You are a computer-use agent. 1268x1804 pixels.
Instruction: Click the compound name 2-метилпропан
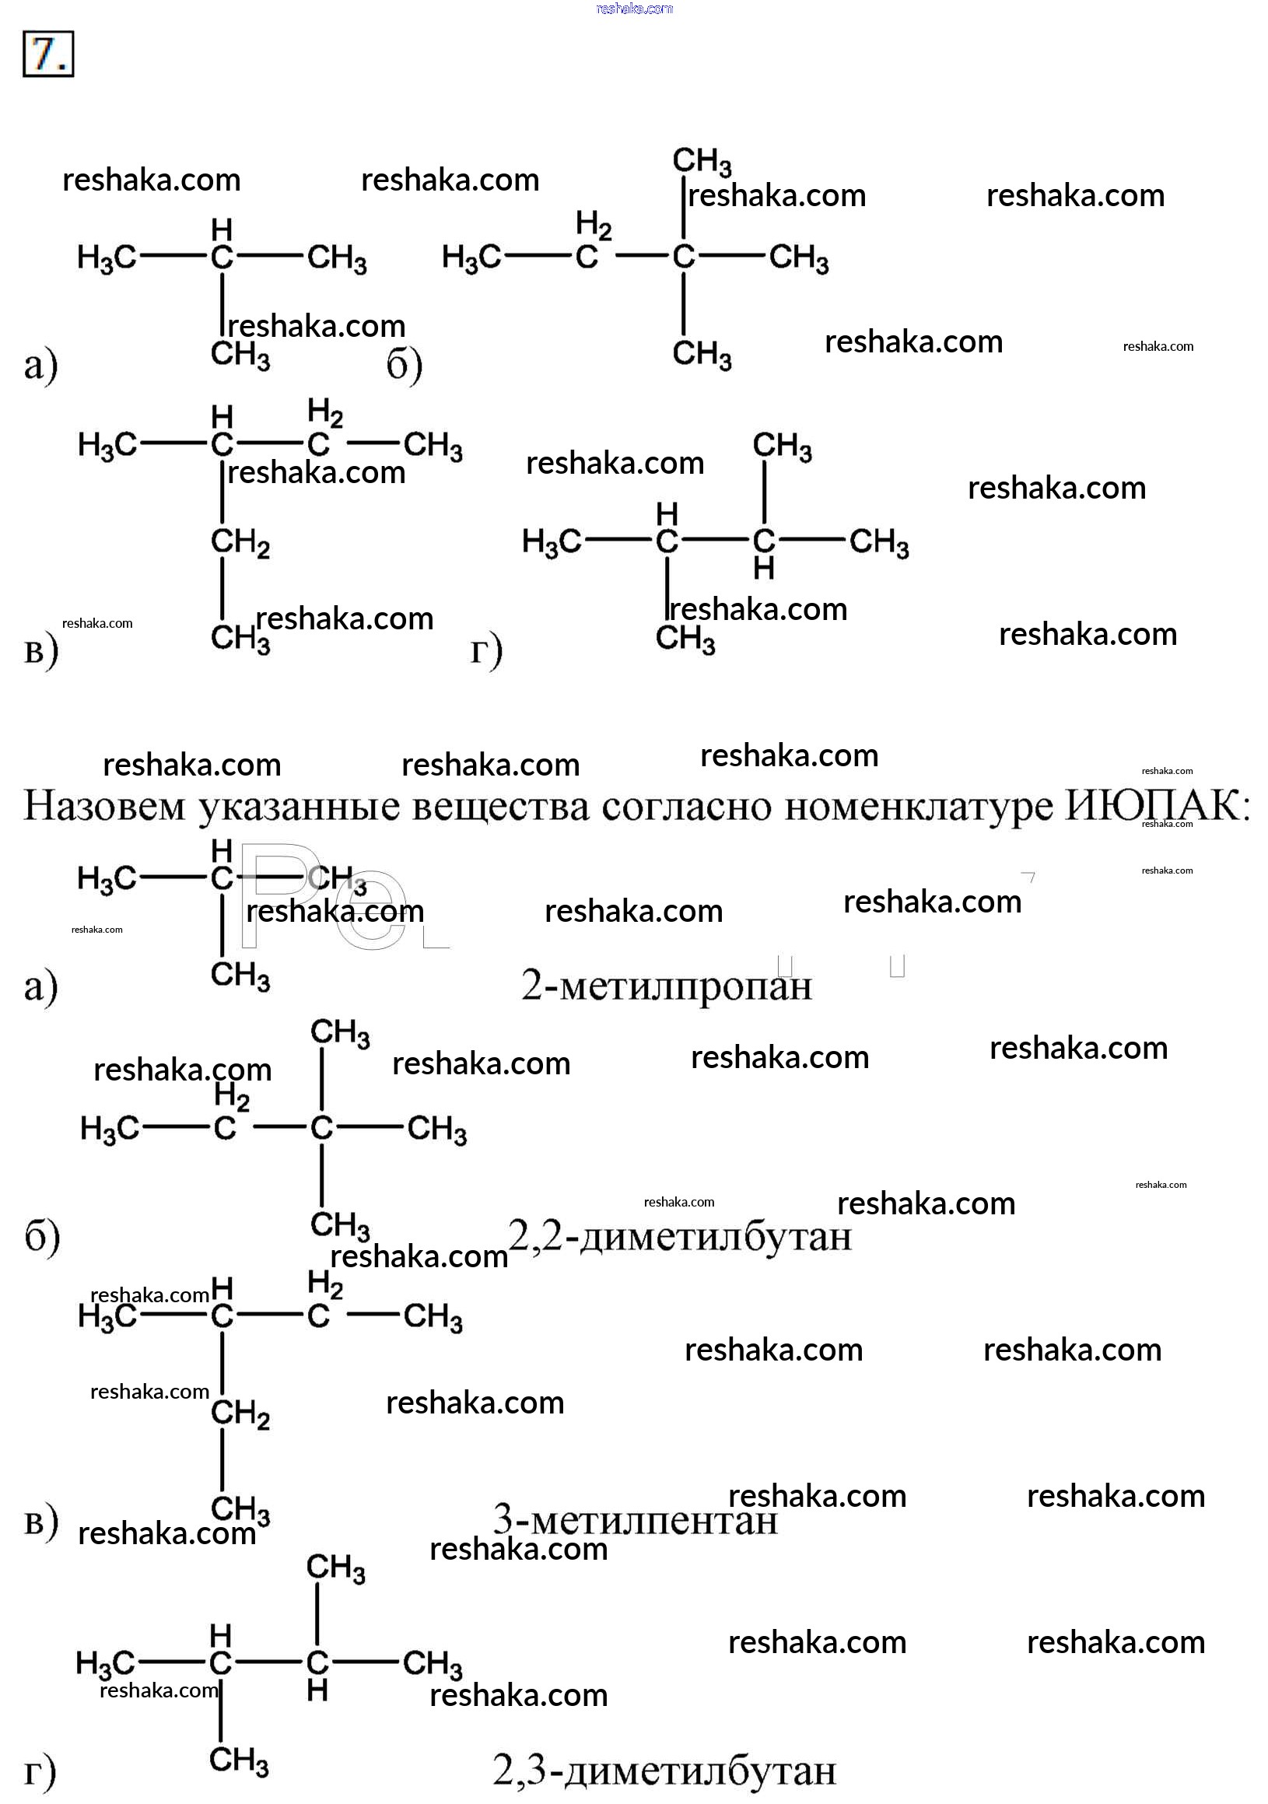click(x=666, y=986)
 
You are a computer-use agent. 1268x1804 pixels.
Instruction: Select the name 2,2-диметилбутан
click(x=681, y=1237)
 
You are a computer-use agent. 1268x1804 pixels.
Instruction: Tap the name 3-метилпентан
click(x=635, y=1520)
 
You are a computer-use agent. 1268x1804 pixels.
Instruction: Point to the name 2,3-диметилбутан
click(x=664, y=1771)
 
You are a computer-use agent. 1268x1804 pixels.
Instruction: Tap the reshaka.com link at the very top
click(x=634, y=9)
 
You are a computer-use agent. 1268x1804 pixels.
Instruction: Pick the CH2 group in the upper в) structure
click(x=240, y=543)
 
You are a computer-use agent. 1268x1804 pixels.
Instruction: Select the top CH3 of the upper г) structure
click(x=782, y=447)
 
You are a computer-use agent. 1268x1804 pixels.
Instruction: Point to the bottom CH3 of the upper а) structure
click(x=240, y=356)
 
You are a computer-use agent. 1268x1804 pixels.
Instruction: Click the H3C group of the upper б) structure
click(x=471, y=257)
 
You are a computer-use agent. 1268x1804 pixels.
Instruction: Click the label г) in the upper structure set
click(x=486, y=651)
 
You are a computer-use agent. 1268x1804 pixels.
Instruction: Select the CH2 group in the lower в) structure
click(x=240, y=1414)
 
